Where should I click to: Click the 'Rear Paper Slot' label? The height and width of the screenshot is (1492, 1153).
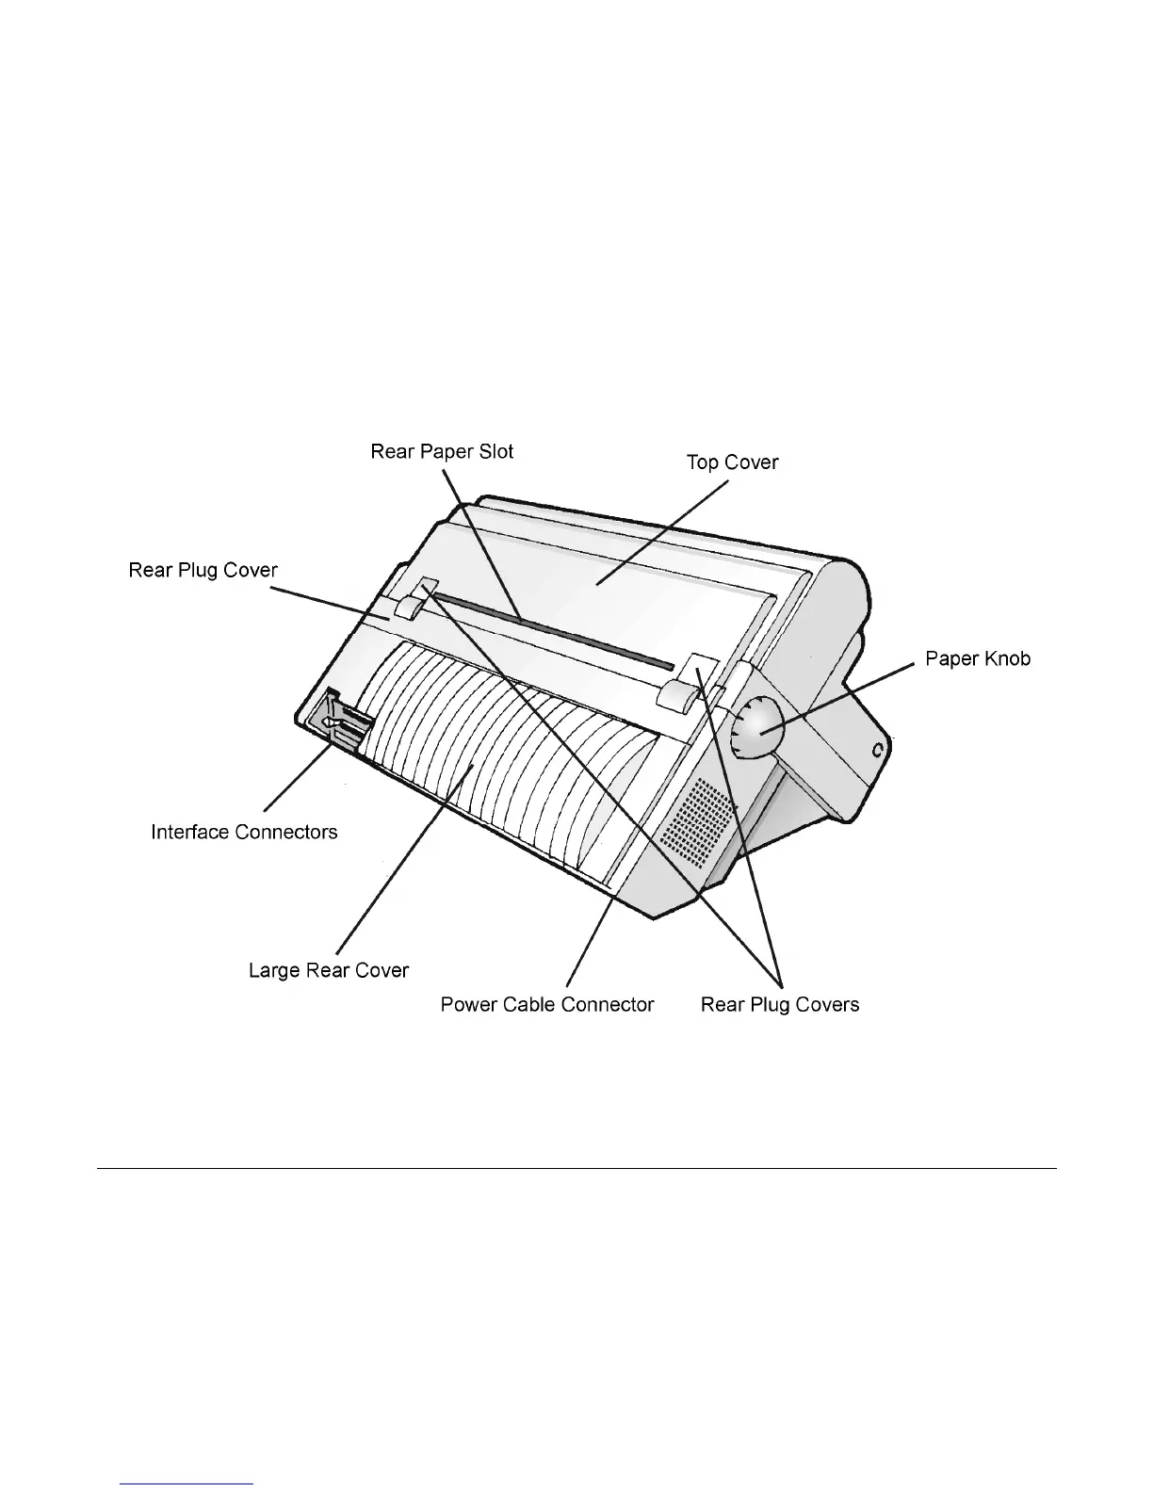[x=442, y=451]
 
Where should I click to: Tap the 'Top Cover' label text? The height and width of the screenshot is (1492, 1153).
[x=732, y=462]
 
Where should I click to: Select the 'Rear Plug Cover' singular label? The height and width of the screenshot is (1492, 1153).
[x=203, y=571]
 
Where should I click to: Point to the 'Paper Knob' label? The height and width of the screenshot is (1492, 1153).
[x=977, y=658]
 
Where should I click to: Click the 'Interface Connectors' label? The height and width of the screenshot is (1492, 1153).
[x=244, y=832]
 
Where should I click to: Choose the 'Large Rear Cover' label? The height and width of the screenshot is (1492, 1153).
[x=328, y=970]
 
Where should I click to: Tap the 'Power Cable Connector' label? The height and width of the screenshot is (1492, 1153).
[x=546, y=1005]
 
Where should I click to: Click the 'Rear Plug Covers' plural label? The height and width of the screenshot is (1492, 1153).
[x=779, y=1005]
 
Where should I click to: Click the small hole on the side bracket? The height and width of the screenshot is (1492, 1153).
[x=877, y=751]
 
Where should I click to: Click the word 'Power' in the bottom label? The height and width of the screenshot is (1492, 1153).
[x=468, y=1005]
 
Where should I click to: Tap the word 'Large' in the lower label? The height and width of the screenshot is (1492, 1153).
[x=273, y=970]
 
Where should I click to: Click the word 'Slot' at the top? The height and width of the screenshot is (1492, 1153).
[x=495, y=451]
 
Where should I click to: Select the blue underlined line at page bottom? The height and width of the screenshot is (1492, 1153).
[x=187, y=1484]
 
